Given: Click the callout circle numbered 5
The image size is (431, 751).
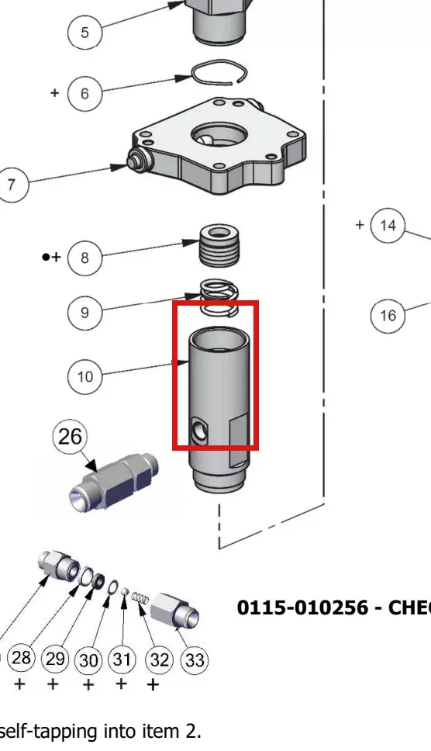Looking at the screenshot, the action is click(x=84, y=32).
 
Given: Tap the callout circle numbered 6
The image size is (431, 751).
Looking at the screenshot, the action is click(x=84, y=93).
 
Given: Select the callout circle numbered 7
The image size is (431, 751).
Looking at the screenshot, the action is click(x=12, y=185).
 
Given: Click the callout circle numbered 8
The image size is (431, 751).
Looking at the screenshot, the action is click(x=84, y=258).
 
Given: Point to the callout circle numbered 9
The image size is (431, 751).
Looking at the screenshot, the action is click(x=84, y=313).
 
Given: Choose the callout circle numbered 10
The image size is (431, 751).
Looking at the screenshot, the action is click(x=85, y=376).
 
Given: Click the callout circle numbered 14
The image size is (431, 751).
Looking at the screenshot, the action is click(x=388, y=226).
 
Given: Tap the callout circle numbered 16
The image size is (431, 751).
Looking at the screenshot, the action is click(x=388, y=315).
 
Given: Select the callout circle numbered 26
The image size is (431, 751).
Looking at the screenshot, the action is click(x=70, y=436).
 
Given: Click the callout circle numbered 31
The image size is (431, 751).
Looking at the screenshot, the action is click(x=122, y=659).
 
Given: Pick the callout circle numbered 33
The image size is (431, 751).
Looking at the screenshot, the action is click(x=195, y=660).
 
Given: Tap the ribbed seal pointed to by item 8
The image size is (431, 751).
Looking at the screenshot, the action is click(x=219, y=246).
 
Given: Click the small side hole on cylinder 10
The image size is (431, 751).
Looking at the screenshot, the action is click(x=198, y=429).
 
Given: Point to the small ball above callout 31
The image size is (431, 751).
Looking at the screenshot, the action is click(x=124, y=592).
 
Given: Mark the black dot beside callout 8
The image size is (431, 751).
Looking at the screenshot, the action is click(x=46, y=258).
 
